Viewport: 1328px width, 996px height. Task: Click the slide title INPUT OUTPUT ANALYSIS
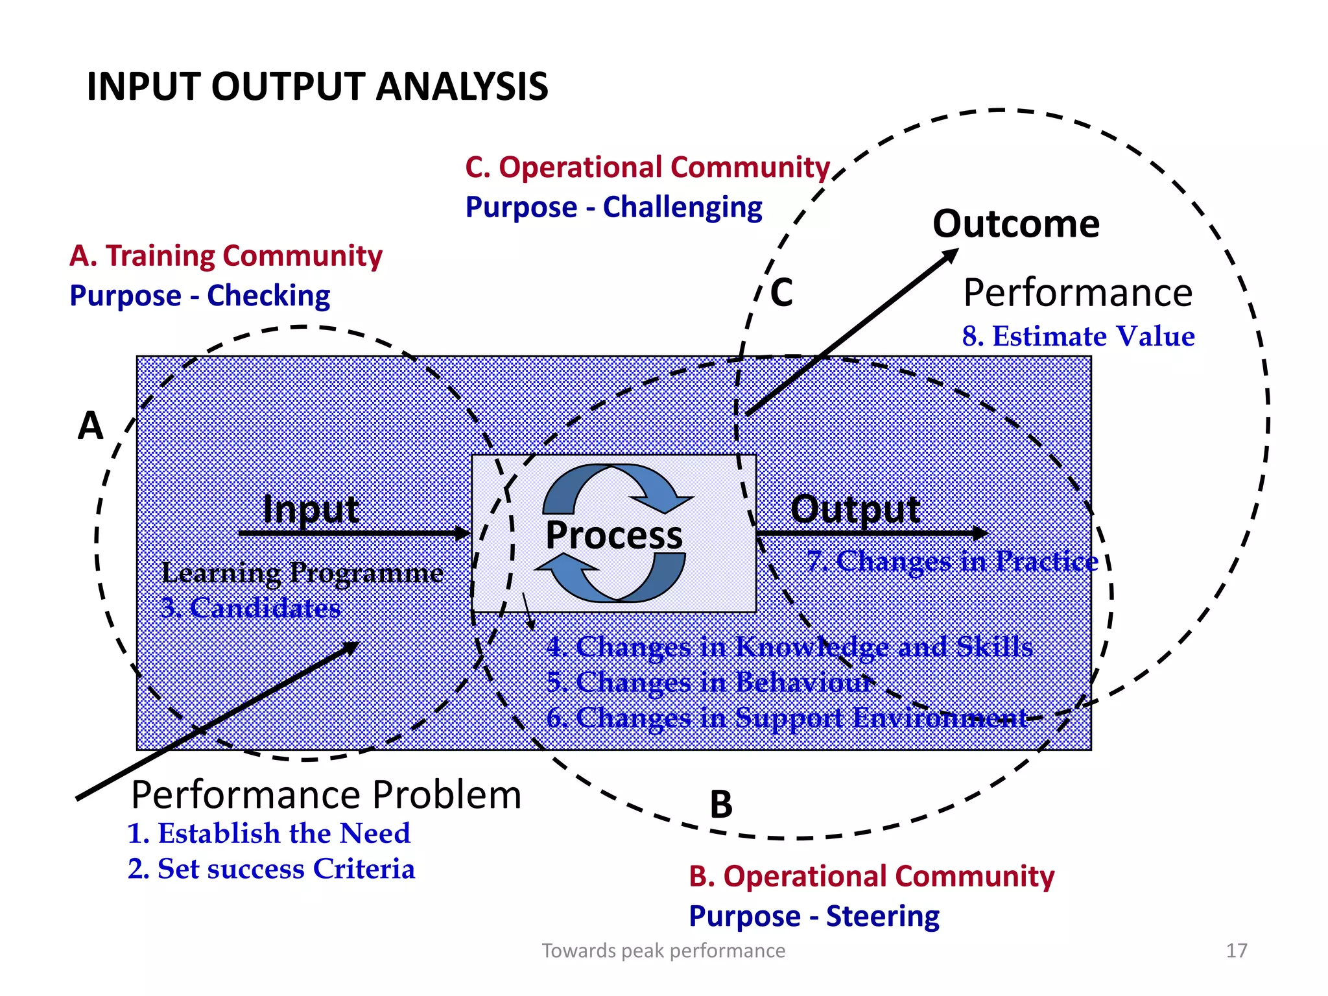(x=317, y=86)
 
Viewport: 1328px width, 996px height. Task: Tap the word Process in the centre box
(x=613, y=535)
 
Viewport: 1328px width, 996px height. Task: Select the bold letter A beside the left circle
(x=90, y=426)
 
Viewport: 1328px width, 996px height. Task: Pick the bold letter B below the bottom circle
(x=720, y=805)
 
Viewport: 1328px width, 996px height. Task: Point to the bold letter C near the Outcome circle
(x=781, y=292)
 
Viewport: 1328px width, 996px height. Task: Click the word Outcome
(x=1015, y=224)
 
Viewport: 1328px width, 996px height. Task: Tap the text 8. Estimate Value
(x=1078, y=337)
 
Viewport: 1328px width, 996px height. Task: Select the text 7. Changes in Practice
(x=952, y=561)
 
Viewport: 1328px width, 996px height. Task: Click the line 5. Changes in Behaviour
(x=709, y=682)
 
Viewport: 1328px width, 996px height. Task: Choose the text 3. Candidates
(x=250, y=608)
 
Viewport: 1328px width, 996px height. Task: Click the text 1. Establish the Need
(x=268, y=833)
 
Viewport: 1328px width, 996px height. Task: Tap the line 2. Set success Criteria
(x=271, y=869)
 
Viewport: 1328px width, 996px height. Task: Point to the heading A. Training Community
(x=226, y=255)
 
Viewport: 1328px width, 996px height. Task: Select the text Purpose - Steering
(x=814, y=916)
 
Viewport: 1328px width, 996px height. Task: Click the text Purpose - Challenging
(x=613, y=207)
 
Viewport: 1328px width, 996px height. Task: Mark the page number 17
(x=1236, y=951)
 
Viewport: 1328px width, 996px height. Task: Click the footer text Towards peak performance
(x=663, y=951)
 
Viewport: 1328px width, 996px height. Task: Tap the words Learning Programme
(x=302, y=573)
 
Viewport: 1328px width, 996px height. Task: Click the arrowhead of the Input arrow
(x=463, y=534)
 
